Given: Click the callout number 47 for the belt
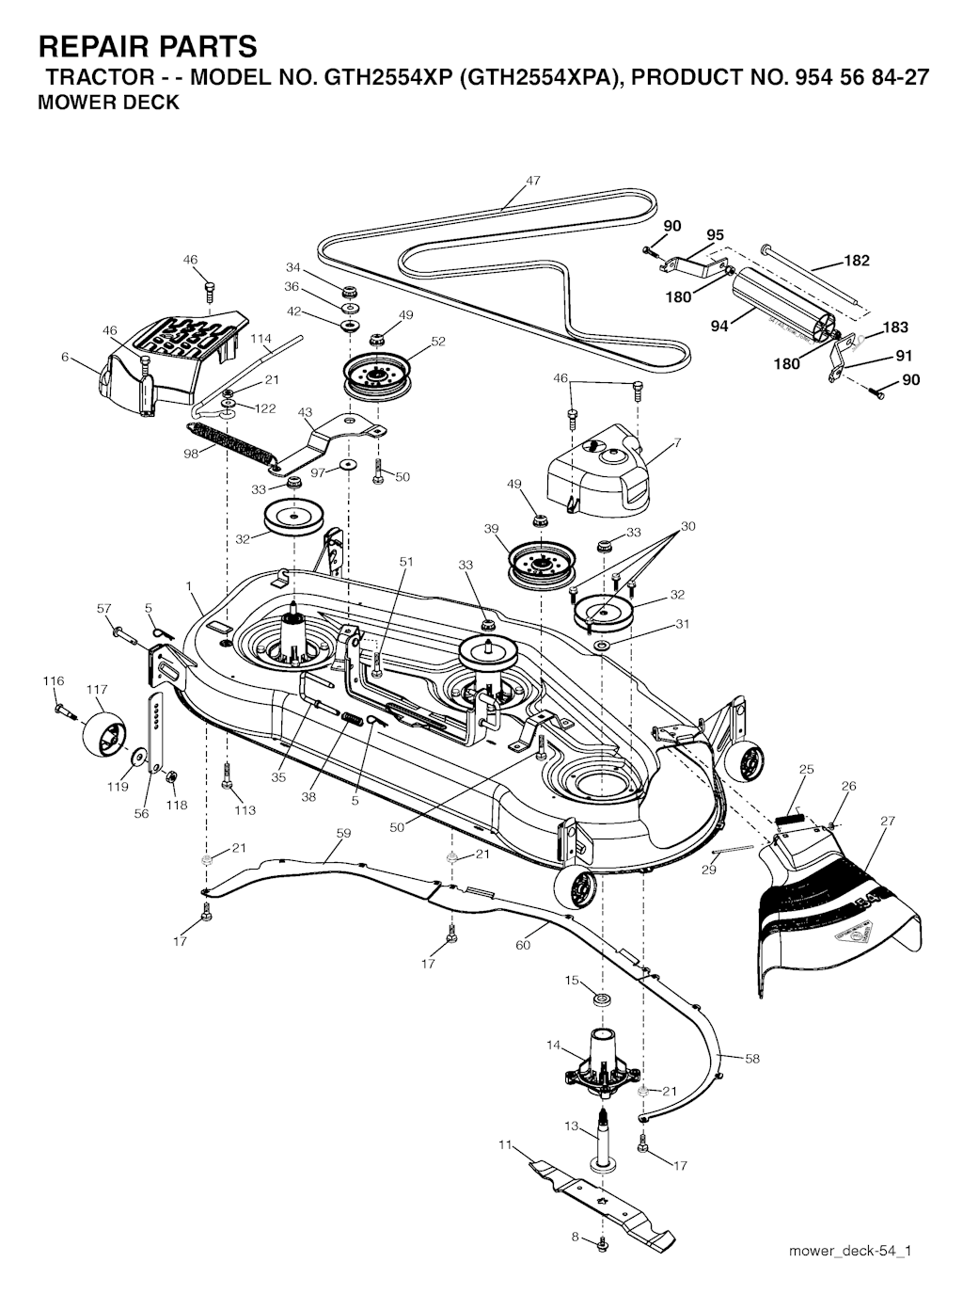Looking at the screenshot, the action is click(x=533, y=181).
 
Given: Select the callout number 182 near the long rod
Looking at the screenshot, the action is click(x=857, y=261).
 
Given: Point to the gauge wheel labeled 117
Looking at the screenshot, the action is click(x=104, y=735).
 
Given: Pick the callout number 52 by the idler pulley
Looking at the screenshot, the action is click(x=438, y=342).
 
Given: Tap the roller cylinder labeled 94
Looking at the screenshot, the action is click(x=782, y=310).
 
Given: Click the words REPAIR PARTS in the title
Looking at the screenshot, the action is click(x=148, y=46).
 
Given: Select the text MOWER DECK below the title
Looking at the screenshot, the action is click(x=108, y=102).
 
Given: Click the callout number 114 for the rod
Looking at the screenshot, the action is click(x=260, y=339).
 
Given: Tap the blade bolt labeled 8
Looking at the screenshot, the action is click(x=602, y=1241).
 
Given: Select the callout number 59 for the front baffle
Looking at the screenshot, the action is click(x=344, y=833).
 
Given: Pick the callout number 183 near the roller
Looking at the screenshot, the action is click(x=895, y=327).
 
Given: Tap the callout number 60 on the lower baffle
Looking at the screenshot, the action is click(x=523, y=945).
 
